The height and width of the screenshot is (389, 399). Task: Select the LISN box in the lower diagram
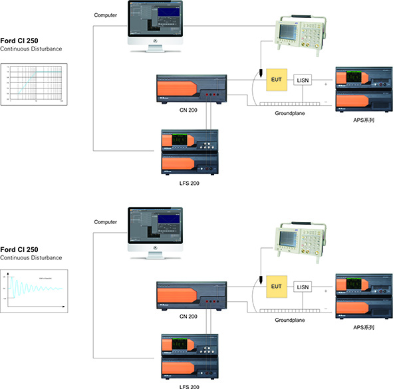tap(303, 287)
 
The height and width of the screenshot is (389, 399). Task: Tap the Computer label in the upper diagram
tap(106, 15)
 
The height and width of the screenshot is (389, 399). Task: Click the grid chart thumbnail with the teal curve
tap(35, 84)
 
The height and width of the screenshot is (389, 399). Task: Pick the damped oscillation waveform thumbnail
tap(35, 290)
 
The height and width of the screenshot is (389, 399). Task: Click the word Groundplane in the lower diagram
tap(289, 320)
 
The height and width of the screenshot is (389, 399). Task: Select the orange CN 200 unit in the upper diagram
tap(190, 92)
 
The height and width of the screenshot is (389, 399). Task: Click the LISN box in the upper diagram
tap(303, 81)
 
